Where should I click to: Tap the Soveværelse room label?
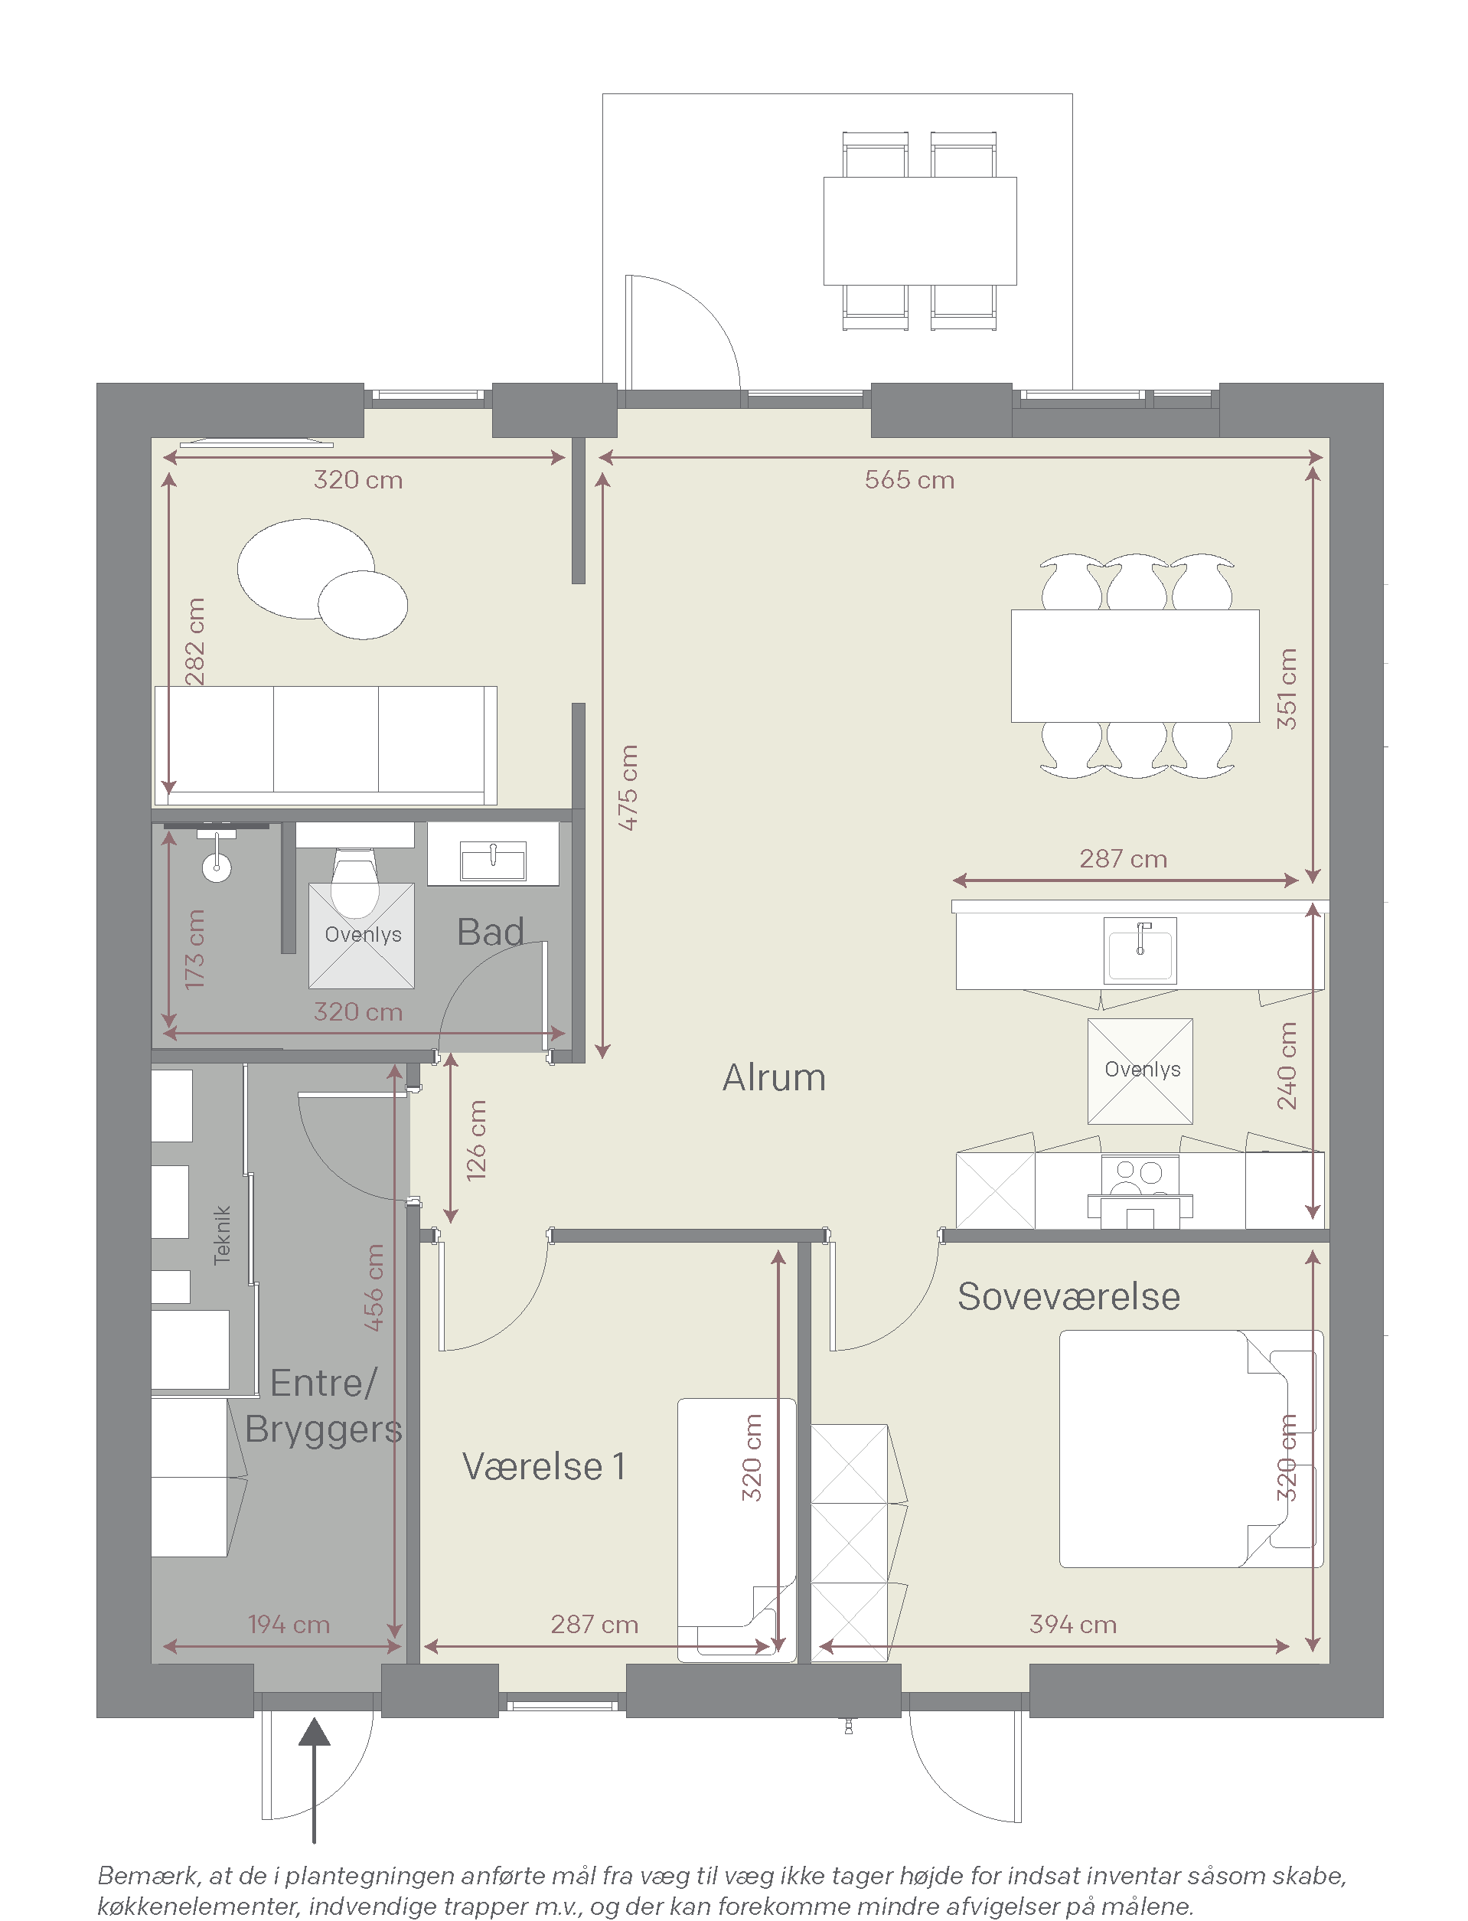(1068, 1297)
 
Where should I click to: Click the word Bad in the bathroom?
(490, 933)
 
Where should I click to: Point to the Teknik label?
(223, 1235)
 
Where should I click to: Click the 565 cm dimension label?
(909, 480)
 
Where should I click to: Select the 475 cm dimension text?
(628, 787)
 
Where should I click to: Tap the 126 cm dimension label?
(476, 1141)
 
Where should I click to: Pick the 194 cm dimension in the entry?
(289, 1625)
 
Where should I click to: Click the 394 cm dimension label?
(1073, 1625)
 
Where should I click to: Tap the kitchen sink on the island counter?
(1140, 951)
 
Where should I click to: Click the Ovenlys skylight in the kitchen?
(1140, 1070)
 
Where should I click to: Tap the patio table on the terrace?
(920, 230)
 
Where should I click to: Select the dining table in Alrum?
(1135, 666)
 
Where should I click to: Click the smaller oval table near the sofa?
(363, 605)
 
